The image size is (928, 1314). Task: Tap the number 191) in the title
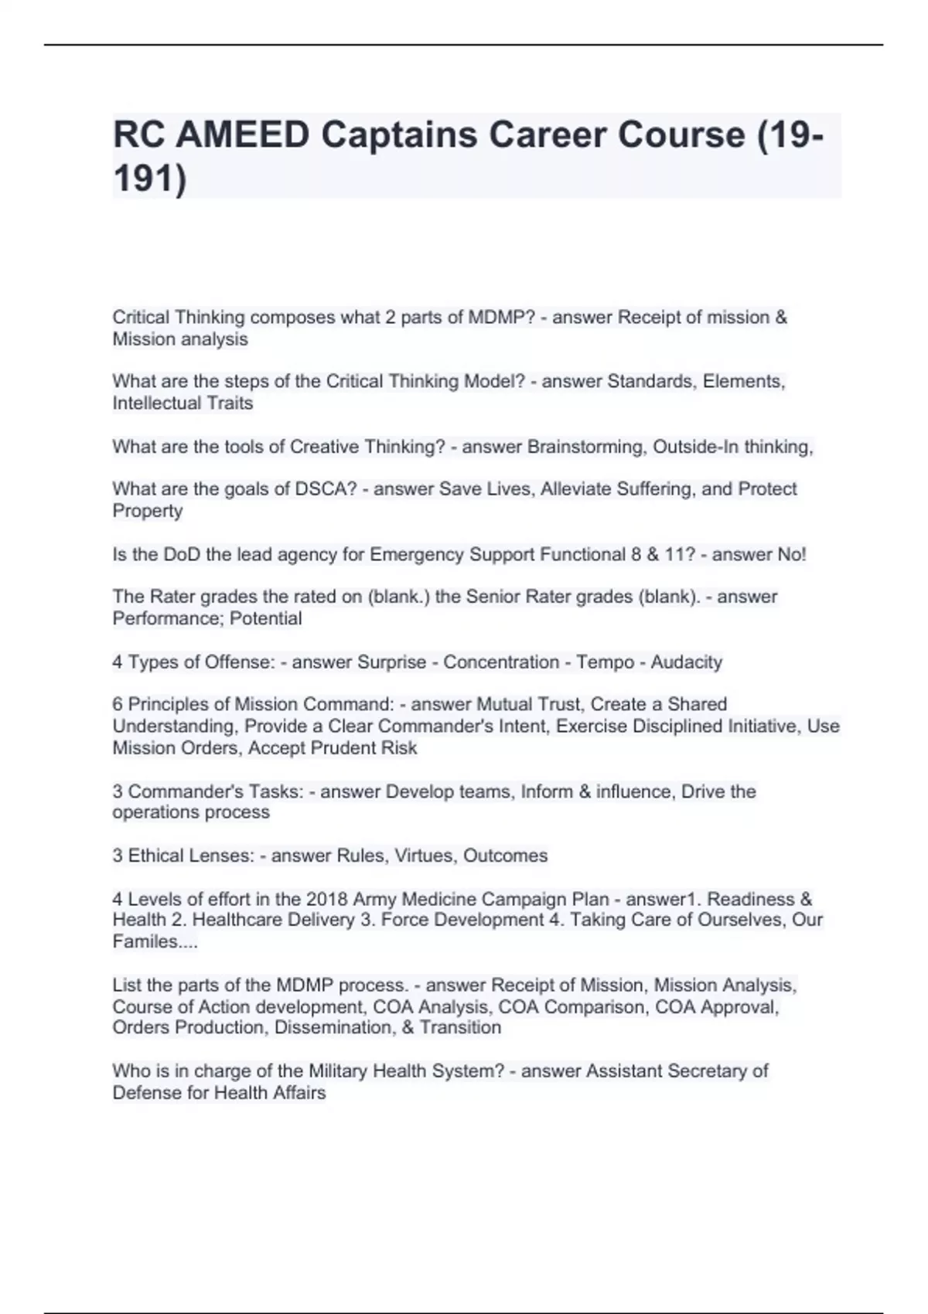coord(150,179)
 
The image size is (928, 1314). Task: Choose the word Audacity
coord(687,662)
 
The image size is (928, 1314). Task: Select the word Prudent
coord(341,747)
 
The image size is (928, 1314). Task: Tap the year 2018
coord(327,899)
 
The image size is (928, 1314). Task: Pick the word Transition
coord(460,1027)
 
